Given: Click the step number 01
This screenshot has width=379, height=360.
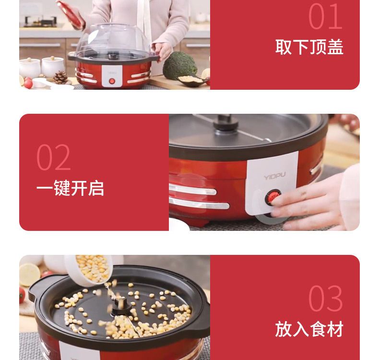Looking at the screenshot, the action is tap(325, 16).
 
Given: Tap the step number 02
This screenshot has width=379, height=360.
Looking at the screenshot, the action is tap(53, 157).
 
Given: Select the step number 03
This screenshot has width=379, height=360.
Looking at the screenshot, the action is tap(325, 298).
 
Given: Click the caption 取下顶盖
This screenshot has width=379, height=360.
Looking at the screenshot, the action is tap(309, 47).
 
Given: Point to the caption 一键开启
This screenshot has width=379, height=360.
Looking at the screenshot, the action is tap(70, 188).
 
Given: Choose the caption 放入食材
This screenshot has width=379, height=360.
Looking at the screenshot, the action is tap(309, 329).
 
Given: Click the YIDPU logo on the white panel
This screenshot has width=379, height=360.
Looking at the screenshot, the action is tap(274, 176).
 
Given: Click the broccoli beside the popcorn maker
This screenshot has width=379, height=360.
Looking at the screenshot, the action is tap(179, 65).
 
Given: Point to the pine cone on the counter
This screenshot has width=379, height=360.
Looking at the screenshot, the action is tap(60, 77).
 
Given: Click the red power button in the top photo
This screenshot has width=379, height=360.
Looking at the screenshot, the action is tap(112, 81).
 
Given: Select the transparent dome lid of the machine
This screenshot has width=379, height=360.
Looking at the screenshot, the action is tap(114, 40).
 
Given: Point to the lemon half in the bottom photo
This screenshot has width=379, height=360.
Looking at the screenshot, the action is tap(29, 275).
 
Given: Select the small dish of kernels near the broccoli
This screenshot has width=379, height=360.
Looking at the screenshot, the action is tap(192, 80).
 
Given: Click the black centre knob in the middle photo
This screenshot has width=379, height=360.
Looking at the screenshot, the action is tap(225, 123).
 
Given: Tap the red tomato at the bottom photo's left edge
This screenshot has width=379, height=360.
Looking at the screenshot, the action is tap(22, 295).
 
